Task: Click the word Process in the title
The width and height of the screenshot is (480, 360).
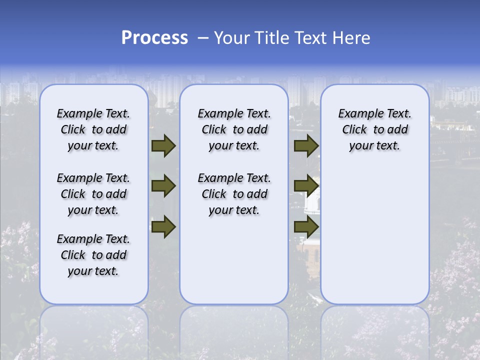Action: [154, 38]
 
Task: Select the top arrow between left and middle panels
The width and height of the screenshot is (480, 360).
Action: [163, 145]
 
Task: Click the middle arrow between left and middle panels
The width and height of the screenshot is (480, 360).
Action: [163, 186]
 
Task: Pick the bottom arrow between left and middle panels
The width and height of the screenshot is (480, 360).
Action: [163, 227]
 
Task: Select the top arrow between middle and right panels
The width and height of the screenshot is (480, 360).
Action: [306, 145]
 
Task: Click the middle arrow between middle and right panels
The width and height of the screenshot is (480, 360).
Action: [306, 186]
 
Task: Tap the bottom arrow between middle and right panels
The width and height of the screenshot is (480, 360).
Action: [306, 227]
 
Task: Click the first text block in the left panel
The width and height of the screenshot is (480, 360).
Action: [93, 129]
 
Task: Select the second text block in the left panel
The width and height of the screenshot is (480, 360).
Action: [93, 194]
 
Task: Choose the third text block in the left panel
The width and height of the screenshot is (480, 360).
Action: [93, 255]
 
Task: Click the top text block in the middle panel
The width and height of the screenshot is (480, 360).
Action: [234, 129]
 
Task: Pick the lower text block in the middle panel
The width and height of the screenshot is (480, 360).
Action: [234, 194]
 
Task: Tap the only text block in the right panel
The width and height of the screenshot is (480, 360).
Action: [375, 129]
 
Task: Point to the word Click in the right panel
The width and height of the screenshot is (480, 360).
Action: [354, 130]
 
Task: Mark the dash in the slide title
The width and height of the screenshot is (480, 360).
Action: [203, 38]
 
